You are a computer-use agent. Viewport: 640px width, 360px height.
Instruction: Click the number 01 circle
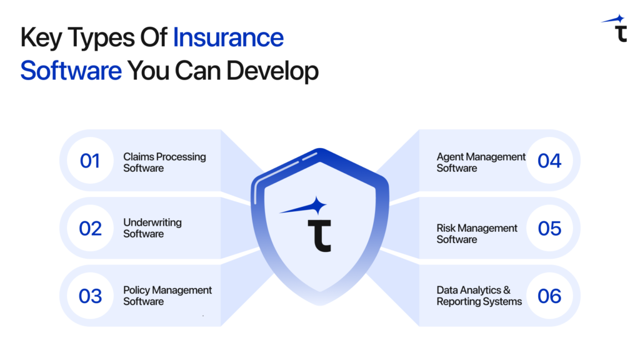click(90, 161)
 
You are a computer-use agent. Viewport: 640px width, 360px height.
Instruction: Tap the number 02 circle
click(90, 228)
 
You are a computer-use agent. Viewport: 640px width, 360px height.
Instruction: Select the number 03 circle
click(90, 296)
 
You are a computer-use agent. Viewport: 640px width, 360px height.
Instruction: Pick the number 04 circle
click(549, 161)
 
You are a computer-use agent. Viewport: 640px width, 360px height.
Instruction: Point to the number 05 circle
click(549, 228)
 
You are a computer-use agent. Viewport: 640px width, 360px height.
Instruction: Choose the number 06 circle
click(549, 296)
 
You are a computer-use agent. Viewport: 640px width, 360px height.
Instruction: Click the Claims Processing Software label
click(164, 162)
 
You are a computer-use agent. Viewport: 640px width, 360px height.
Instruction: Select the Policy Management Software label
click(167, 296)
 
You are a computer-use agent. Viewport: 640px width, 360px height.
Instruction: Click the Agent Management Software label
click(481, 162)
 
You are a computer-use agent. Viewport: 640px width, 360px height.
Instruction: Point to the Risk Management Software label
click(477, 234)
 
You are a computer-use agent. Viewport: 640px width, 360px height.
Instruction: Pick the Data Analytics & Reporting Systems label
click(479, 296)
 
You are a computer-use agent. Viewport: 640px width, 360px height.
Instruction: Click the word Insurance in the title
click(228, 38)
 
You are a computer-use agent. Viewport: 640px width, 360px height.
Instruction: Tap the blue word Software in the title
click(71, 71)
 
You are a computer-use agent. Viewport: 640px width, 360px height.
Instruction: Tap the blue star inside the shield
click(318, 206)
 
